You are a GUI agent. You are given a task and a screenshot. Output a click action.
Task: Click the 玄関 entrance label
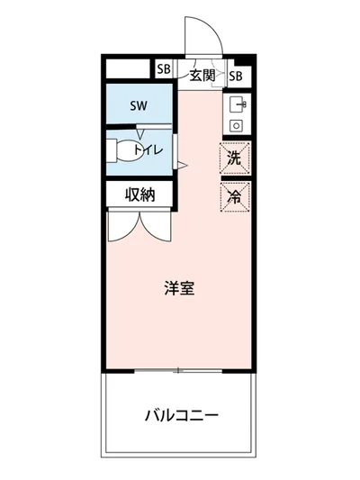coord(202,75)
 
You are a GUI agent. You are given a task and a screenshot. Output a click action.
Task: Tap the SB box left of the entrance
coord(164,69)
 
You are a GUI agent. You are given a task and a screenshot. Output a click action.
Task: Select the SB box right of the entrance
coord(237,76)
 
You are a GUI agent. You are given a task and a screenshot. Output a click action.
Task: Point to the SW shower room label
coord(138,106)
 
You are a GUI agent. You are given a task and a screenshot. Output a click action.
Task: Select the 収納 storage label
coord(139,193)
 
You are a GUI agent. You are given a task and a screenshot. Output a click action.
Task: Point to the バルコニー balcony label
coord(181,416)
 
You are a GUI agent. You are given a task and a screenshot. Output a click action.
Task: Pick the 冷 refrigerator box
coord(234,196)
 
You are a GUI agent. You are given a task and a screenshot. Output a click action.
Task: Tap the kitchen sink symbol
coord(238,104)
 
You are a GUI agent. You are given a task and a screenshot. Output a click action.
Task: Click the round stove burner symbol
coord(237,125)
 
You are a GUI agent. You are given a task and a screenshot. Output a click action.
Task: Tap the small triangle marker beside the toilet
coord(181,165)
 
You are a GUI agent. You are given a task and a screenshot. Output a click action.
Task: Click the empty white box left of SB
coord(129,69)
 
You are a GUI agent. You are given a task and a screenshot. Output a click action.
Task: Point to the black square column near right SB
coord(250,59)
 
